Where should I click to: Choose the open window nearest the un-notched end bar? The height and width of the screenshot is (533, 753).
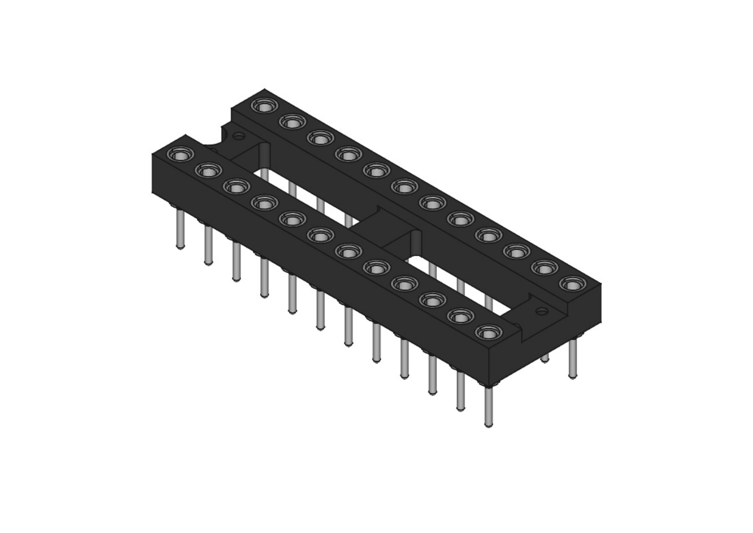coord(459,283)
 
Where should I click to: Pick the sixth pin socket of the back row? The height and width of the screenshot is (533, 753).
coord(404,187)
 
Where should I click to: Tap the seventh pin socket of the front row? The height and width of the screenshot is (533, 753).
coord(349,251)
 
